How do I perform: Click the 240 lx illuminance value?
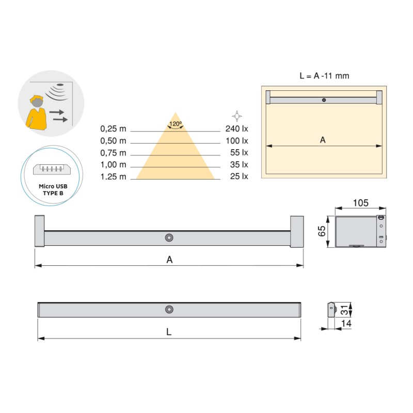click(x=236, y=129)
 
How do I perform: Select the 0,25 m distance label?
click(x=113, y=129)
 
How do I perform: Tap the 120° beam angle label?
click(x=176, y=124)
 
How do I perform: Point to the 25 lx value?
click(x=239, y=176)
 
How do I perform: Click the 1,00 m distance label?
click(x=113, y=165)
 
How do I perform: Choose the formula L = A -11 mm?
click(x=324, y=76)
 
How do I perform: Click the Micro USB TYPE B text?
click(x=53, y=189)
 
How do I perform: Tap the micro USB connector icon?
click(x=52, y=169)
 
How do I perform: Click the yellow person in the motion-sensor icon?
click(x=36, y=113)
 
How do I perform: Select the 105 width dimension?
click(x=360, y=203)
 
